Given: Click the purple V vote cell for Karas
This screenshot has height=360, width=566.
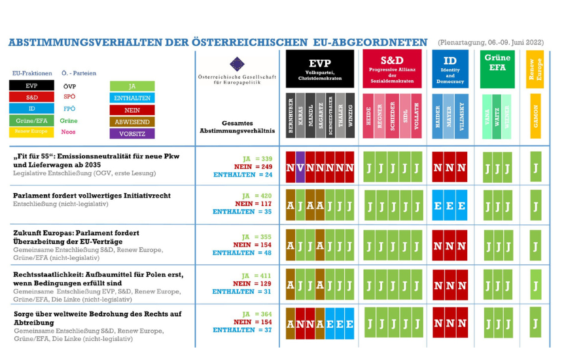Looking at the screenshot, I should (x=300, y=168).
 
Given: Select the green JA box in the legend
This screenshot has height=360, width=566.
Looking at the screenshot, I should (x=133, y=86).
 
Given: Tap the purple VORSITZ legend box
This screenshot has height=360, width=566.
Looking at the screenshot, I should (x=133, y=134).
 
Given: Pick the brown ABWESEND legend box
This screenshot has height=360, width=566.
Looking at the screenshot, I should (x=133, y=122).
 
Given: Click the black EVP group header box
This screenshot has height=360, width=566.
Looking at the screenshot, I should (x=320, y=69).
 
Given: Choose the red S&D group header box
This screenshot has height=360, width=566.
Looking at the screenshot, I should (x=392, y=69).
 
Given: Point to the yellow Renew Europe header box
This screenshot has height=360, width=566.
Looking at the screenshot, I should (x=536, y=69).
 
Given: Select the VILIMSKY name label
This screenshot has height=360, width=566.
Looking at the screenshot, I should (x=463, y=117).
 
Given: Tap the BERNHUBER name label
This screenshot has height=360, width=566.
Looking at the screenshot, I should (x=291, y=117).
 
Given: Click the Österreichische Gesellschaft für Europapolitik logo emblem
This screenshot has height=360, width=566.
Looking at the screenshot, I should (x=238, y=64).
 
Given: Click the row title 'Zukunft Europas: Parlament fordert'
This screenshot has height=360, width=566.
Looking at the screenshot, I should (x=76, y=232).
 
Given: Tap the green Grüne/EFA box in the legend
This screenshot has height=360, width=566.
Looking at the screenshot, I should (x=31, y=121).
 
